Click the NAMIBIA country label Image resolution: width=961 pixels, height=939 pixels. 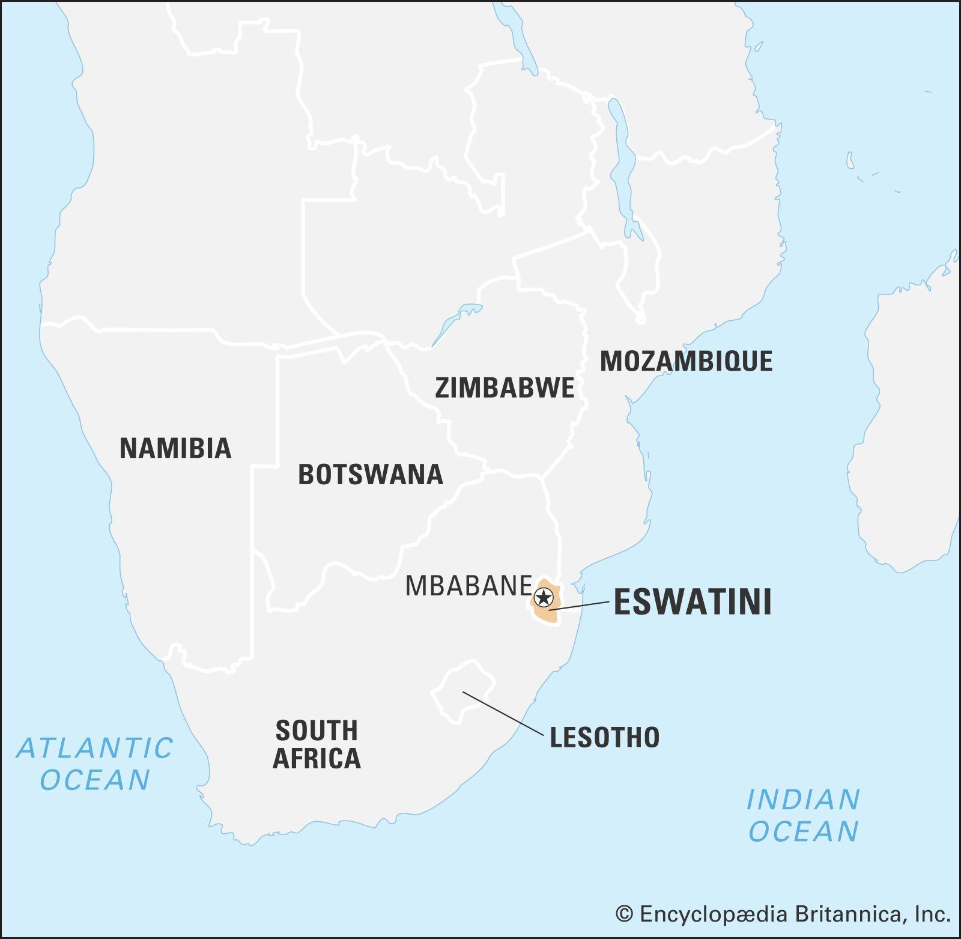pyautogui.click(x=175, y=448)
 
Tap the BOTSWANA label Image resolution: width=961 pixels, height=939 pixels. pyautogui.click(x=371, y=475)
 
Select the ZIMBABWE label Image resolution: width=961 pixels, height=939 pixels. pyautogui.click(x=505, y=388)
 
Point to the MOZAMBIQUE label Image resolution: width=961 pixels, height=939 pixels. pyautogui.click(x=686, y=361)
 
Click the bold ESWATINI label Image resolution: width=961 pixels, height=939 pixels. pyautogui.click(x=693, y=603)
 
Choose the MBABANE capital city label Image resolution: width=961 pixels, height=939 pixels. pyautogui.click(x=468, y=586)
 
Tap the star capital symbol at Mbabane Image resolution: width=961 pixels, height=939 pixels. pyautogui.click(x=543, y=598)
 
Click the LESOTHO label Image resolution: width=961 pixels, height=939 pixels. pyautogui.click(x=604, y=738)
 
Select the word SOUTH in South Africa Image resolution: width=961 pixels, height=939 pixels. pyautogui.click(x=317, y=731)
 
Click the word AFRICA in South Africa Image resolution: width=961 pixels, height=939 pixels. pyautogui.click(x=317, y=758)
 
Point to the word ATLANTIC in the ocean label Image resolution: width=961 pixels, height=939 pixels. pyautogui.click(x=94, y=749)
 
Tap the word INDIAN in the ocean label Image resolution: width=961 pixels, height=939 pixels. pyautogui.click(x=803, y=800)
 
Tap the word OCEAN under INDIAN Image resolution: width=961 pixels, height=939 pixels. pyautogui.click(x=803, y=831)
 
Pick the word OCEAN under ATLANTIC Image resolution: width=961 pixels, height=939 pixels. pyautogui.click(x=94, y=780)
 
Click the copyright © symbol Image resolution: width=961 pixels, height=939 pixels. pyautogui.click(x=625, y=914)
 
